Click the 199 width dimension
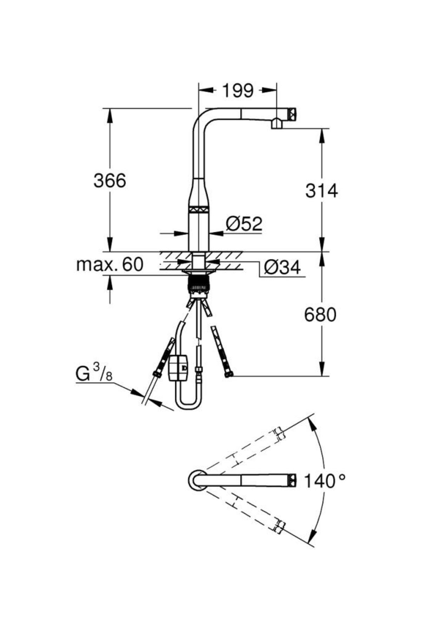238,91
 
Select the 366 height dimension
110,181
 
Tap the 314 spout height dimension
321,191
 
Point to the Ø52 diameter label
244,224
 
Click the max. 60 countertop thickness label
110,264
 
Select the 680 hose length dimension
320,314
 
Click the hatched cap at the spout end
292,114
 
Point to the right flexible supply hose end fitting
229,374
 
